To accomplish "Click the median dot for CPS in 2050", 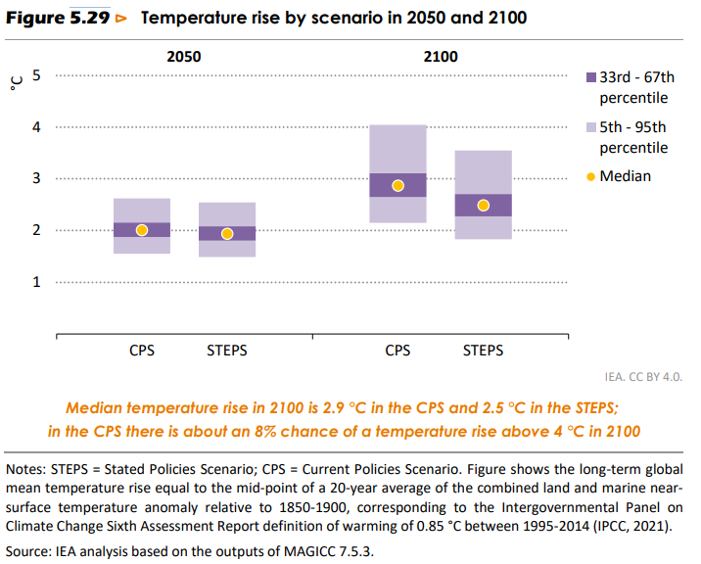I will [x=142, y=230].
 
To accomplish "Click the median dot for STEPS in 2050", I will [x=227, y=233].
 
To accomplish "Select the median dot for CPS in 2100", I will [x=397, y=186].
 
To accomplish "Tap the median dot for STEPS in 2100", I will [x=483, y=206].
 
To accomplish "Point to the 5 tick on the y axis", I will [x=37, y=74].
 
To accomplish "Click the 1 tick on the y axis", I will [x=37, y=282].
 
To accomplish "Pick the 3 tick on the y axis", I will [x=37, y=178].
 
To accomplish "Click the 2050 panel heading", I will [x=185, y=56].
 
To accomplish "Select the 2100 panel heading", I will [x=441, y=56].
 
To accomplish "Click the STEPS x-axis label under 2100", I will [x=483, y=350].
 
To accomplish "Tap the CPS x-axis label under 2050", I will [x=142, y=350].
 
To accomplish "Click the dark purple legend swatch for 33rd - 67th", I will [x=590, y=77].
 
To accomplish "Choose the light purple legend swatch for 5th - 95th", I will [x=590, y=127].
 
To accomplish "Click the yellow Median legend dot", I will [x=590, y=176].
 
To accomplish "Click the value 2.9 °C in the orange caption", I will [x=340, y=409].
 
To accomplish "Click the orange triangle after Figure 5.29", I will [x=120, y=19].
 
